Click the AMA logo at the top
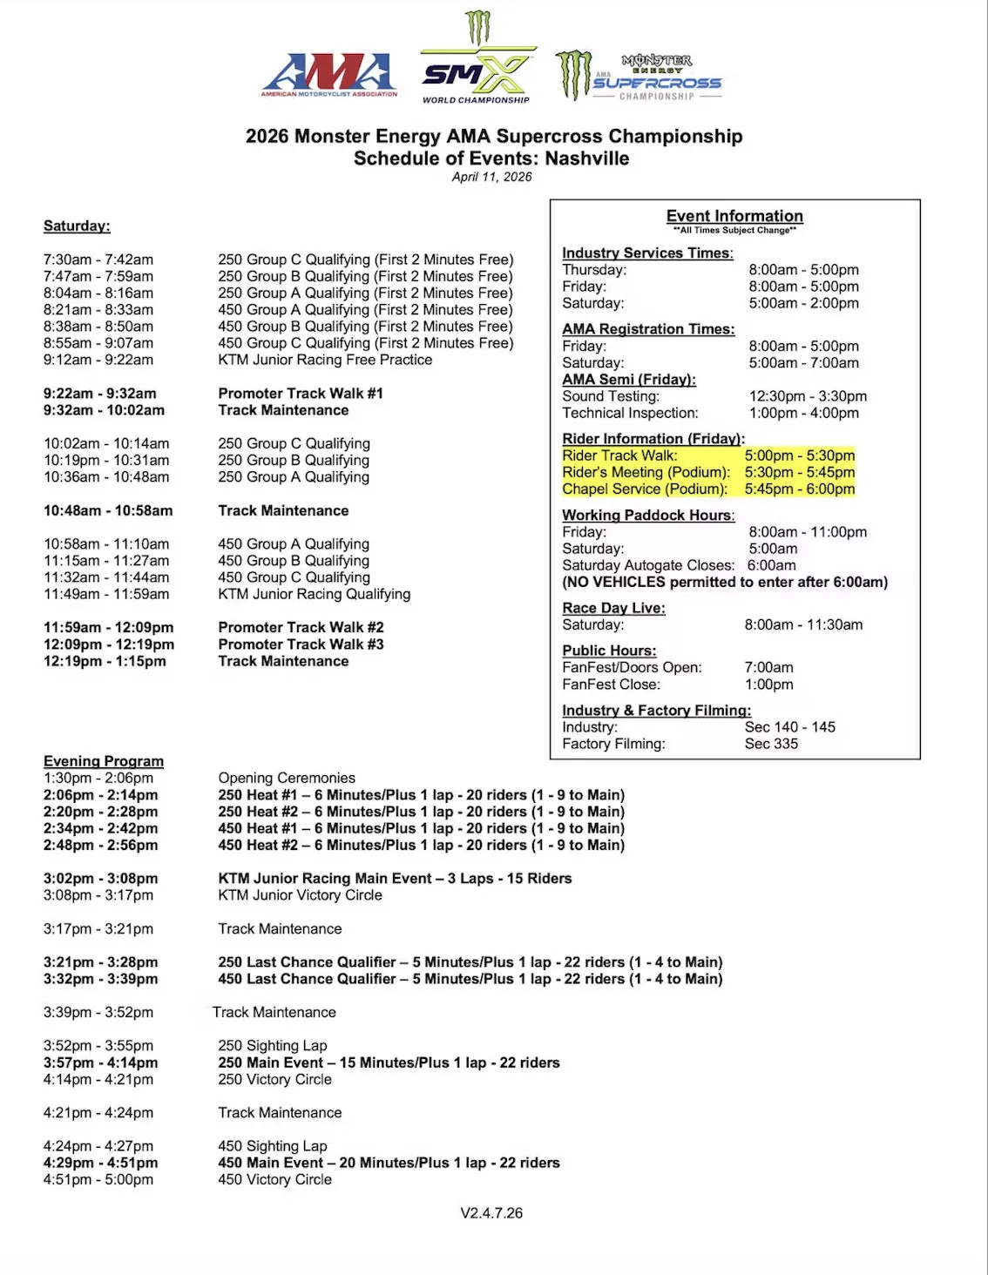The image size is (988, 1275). point(329,75)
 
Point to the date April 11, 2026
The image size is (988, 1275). point(491,177)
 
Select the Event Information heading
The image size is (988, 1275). point(734,216)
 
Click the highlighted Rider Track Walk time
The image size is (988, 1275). point(799,455)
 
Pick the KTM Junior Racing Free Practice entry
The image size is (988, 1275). point(325,360)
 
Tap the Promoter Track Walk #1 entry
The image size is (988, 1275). point(301,394)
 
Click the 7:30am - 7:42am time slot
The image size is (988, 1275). point(98,260)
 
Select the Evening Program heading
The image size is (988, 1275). point(104,761)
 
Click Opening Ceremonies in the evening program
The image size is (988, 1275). point(287,778)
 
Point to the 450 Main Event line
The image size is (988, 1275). point(389,1163)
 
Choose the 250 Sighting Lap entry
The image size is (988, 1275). point(273,1045)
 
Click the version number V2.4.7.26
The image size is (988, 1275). point(491,1212)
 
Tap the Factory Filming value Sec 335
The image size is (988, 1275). point(771,744)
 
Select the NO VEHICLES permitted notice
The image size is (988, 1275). point(725,582)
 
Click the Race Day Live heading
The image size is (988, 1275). point(613,608)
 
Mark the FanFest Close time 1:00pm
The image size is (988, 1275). point(768,685)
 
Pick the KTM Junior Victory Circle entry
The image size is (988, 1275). point(300,895)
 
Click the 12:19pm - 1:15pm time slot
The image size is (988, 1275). point(105,661)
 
